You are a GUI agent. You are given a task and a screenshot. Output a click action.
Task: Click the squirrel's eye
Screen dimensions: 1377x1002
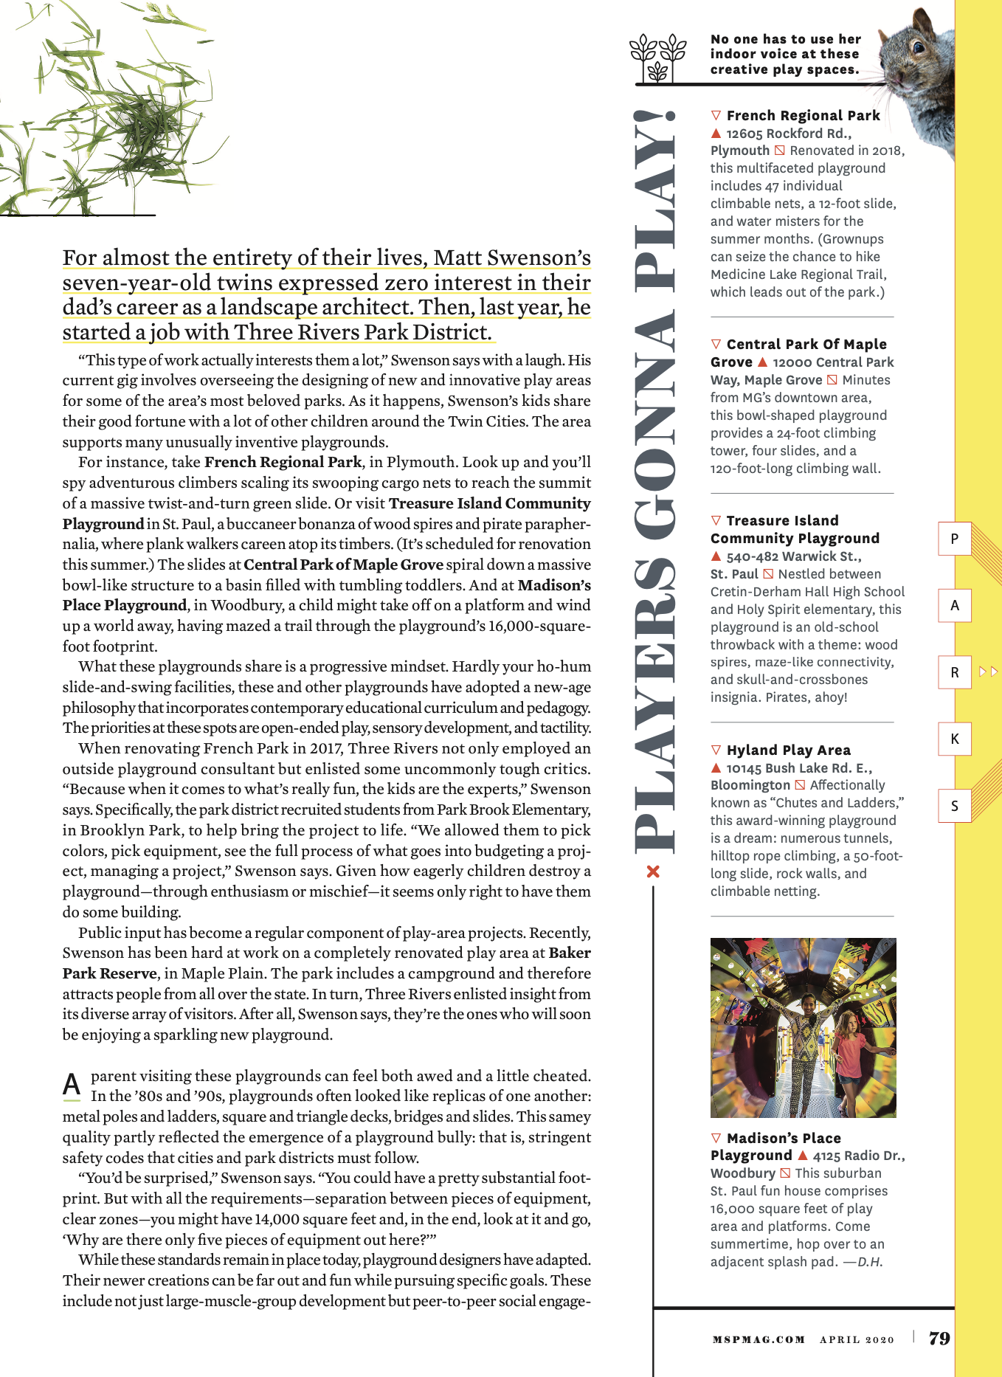coord(919,46)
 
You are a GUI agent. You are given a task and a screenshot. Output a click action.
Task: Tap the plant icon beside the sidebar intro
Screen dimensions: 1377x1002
coord(657,56)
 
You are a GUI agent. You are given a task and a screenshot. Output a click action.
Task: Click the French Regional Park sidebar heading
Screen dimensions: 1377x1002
coord(803,115)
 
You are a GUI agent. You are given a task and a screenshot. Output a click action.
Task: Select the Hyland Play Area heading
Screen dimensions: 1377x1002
coord(788,750)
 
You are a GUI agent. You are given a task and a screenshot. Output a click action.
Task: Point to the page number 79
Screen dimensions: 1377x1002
coord(939,1339)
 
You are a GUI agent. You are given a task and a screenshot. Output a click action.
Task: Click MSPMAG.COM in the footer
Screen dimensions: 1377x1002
coord(759,1339)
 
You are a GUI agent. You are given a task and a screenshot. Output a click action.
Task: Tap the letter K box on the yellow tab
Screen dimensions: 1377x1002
coord(955,739)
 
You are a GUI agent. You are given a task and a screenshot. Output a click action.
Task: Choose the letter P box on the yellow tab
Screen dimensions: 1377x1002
coord(955,539)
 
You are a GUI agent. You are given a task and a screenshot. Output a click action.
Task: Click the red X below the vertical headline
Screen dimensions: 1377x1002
coord(653,872)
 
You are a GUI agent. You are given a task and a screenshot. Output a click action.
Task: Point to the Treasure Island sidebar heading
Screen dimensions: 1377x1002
coord(794,529)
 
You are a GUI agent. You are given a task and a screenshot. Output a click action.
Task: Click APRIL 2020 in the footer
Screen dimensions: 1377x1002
coord(857,1339)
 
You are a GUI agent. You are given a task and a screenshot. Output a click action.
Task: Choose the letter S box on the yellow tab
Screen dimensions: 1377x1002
coord(955,806)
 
